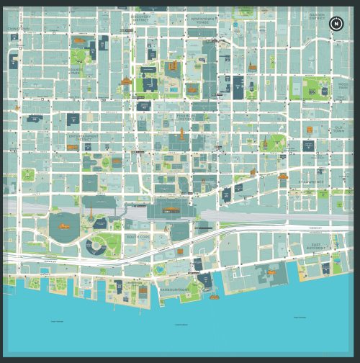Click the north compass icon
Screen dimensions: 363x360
(x=336, y=24)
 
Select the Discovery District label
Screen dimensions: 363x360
(x=143, y=19)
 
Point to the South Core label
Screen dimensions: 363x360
(x=137, y=236)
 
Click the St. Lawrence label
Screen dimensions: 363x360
(x=312, y=182)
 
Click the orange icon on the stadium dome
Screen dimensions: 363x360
(x=63, y=225)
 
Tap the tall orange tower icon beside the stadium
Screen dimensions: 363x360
(x=91, y=214)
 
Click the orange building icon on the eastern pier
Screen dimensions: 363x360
(x=271, y=272)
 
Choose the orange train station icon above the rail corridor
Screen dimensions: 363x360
(x=170, y=210)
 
